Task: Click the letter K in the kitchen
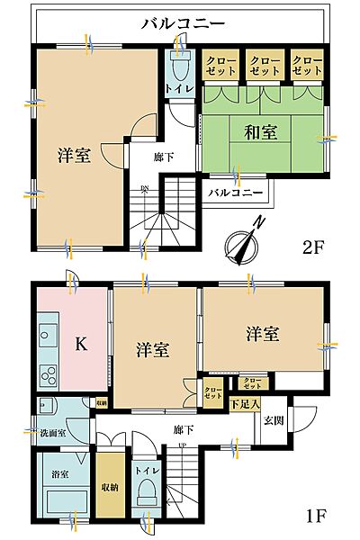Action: point(80,343)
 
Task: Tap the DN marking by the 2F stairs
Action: point(143,188)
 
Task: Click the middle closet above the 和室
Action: point(265,65)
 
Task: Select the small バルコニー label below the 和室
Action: point(235,193)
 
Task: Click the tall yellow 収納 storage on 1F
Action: point(110,486)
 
